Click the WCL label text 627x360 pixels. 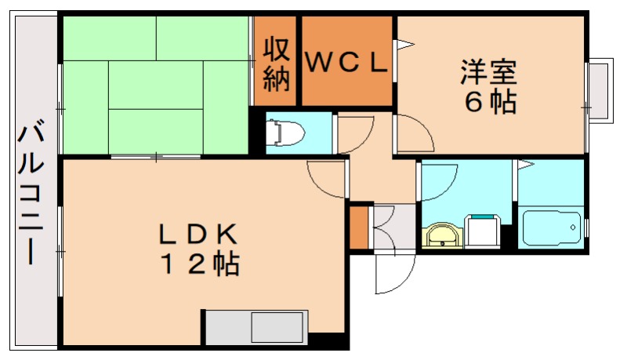tap(346, 63)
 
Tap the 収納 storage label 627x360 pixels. tap(276, 63)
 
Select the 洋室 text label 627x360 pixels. tap(488, 74)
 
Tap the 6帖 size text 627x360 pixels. tap(491, 103)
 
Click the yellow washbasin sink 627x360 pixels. tap(443, 235)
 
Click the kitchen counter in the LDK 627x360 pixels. tap(252, 326)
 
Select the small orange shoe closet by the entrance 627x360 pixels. tap(359, 226)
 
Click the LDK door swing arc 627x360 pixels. tap(326, 180)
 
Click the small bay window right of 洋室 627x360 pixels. tap(600, 90)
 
